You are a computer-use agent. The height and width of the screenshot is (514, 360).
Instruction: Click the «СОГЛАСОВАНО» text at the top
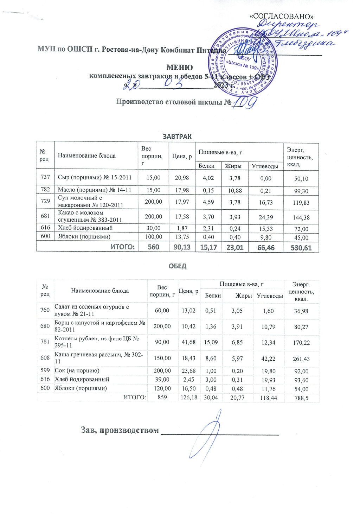click(x=281, y=17)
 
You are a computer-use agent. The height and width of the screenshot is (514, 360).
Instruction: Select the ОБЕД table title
click(x=178, y=266)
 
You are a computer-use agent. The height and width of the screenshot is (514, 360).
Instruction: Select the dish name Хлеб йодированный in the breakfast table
click(x=85, y=228)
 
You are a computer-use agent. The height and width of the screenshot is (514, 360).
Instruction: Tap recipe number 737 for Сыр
click(x=45, y=178)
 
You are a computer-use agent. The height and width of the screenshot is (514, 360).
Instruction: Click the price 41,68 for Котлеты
click(x=189, y=342)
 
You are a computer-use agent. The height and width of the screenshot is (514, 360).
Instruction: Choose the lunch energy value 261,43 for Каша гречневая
click(x=301, y=359)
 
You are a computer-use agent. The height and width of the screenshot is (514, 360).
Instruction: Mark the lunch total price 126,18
click(x=189, y=398)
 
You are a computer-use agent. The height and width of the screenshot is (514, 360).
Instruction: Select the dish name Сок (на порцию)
click(x=77, y=370)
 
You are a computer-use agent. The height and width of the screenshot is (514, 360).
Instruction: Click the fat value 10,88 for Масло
click(x=234, y=190)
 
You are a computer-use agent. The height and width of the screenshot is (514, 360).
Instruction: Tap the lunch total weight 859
click(x=162, y=398)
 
